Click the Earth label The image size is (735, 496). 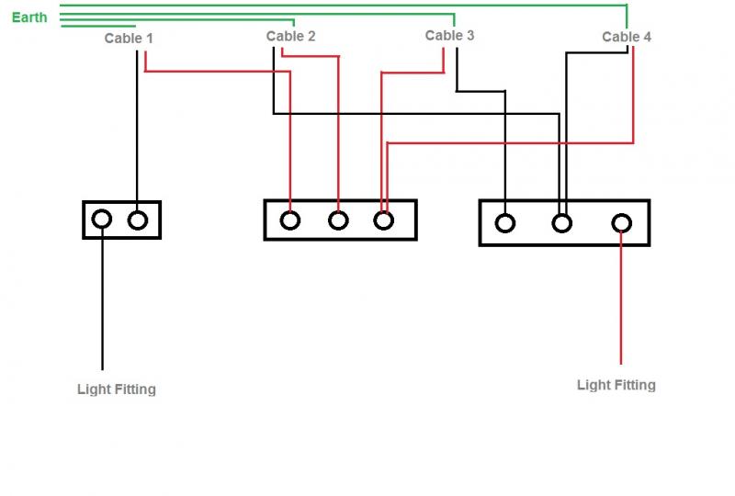pyautogui.click(x=29, y=17)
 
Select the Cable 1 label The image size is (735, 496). pyautogui.click(x=130, y=39)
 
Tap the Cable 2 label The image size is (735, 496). pyautogui.click(x=291, y=37)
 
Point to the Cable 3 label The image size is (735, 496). pyautogui.click(x=450, y=36)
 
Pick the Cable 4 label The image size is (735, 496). pyautogui.click(x=627, y=37)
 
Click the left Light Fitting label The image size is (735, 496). pyautogui.click(x=117, y=389)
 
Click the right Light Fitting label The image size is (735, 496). pyautogui.click(x=616, y=385)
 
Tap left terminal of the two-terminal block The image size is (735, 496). pyautogui.click(x=102, y=220)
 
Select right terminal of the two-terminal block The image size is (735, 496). pyautogui.click(x=137, y=220)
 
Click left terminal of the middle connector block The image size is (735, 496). pyautogui.click(x=290, y=220)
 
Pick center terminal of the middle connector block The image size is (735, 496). pyautogui.click(x=338, y=220)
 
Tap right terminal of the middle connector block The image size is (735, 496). pyautogui.click(x=384, y=220)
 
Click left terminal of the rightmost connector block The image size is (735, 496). pyautogui.click(x=504, y=222)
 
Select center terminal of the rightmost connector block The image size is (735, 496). pyautogui.click(x=561, y=222)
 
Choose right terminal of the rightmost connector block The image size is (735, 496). pyautogui.click(x=622, y=222)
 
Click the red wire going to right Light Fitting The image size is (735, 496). pyautogui.click(x=622, y=303)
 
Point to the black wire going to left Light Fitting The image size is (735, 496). pyautogui.click(x=102, y=303)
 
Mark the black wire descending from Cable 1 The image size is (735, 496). pyautogui.click(x=137, y=129)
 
